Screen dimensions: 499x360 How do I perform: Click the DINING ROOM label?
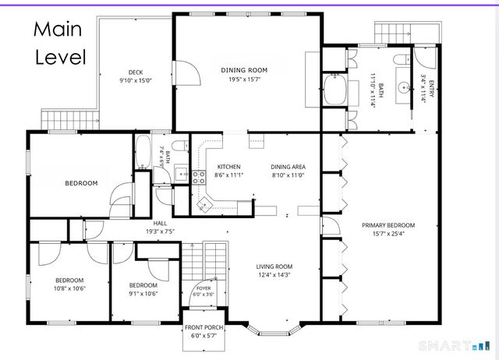point(244,70)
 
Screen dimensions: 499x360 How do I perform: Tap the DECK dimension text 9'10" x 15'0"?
point(136,81)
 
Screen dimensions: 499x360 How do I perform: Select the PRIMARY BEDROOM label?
point(388,225)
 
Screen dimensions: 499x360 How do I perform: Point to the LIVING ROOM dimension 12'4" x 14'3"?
point(274,275)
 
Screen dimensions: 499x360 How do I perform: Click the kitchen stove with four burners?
point(199,178)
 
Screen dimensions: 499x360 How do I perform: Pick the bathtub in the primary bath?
point(335,90)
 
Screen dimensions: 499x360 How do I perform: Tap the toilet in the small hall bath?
point(180,146)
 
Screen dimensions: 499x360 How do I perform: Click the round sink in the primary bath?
point(404,86)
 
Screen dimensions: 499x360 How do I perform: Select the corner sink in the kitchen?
point(203,203)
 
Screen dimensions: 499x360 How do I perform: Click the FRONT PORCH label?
point(204,327)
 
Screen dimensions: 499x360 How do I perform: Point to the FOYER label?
point(203,288)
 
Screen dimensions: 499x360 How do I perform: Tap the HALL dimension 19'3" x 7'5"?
point(160,231)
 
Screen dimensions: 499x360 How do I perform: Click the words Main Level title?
point(60,43)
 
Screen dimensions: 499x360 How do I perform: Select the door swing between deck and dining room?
point(188,73)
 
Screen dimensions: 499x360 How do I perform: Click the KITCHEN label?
point(228,167)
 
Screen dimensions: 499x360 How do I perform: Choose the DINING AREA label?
point(288,167)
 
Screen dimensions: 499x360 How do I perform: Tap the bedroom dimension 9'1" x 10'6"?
point(143,294)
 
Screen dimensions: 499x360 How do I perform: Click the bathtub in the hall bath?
point(143,152)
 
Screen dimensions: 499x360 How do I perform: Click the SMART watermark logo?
point(455,346)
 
